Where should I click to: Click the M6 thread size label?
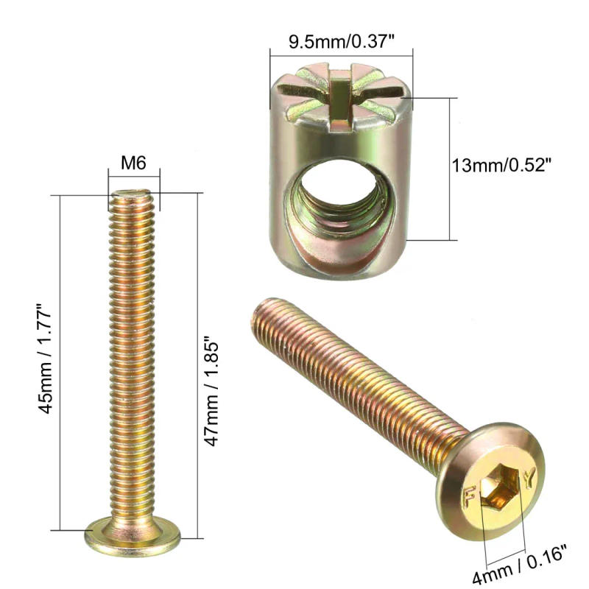point(133,163)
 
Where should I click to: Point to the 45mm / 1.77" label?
point(46,359)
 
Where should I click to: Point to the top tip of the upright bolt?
point(133,194)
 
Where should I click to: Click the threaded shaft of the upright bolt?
point(133,353)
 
